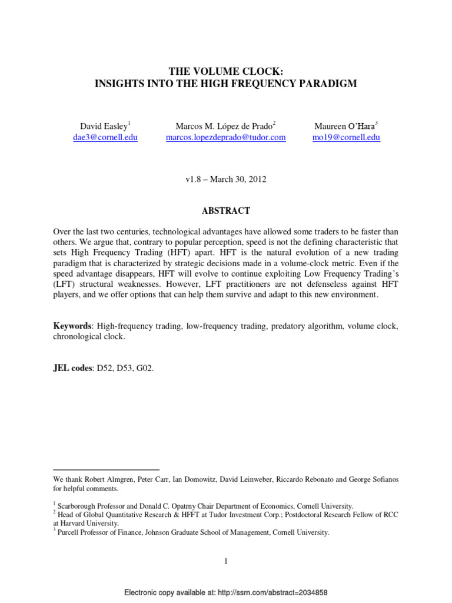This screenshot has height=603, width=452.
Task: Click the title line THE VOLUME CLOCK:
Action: pos(226,71)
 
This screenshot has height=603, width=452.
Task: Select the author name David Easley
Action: pos(104,126)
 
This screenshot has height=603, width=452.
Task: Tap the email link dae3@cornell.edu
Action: pos(105,137)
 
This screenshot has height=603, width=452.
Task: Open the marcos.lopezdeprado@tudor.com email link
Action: pos(225,137)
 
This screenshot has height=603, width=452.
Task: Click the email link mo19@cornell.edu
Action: pos(347,137)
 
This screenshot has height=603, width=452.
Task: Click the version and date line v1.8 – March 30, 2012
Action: pos(226,180)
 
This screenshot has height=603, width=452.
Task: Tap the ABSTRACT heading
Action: pos(226,211)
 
